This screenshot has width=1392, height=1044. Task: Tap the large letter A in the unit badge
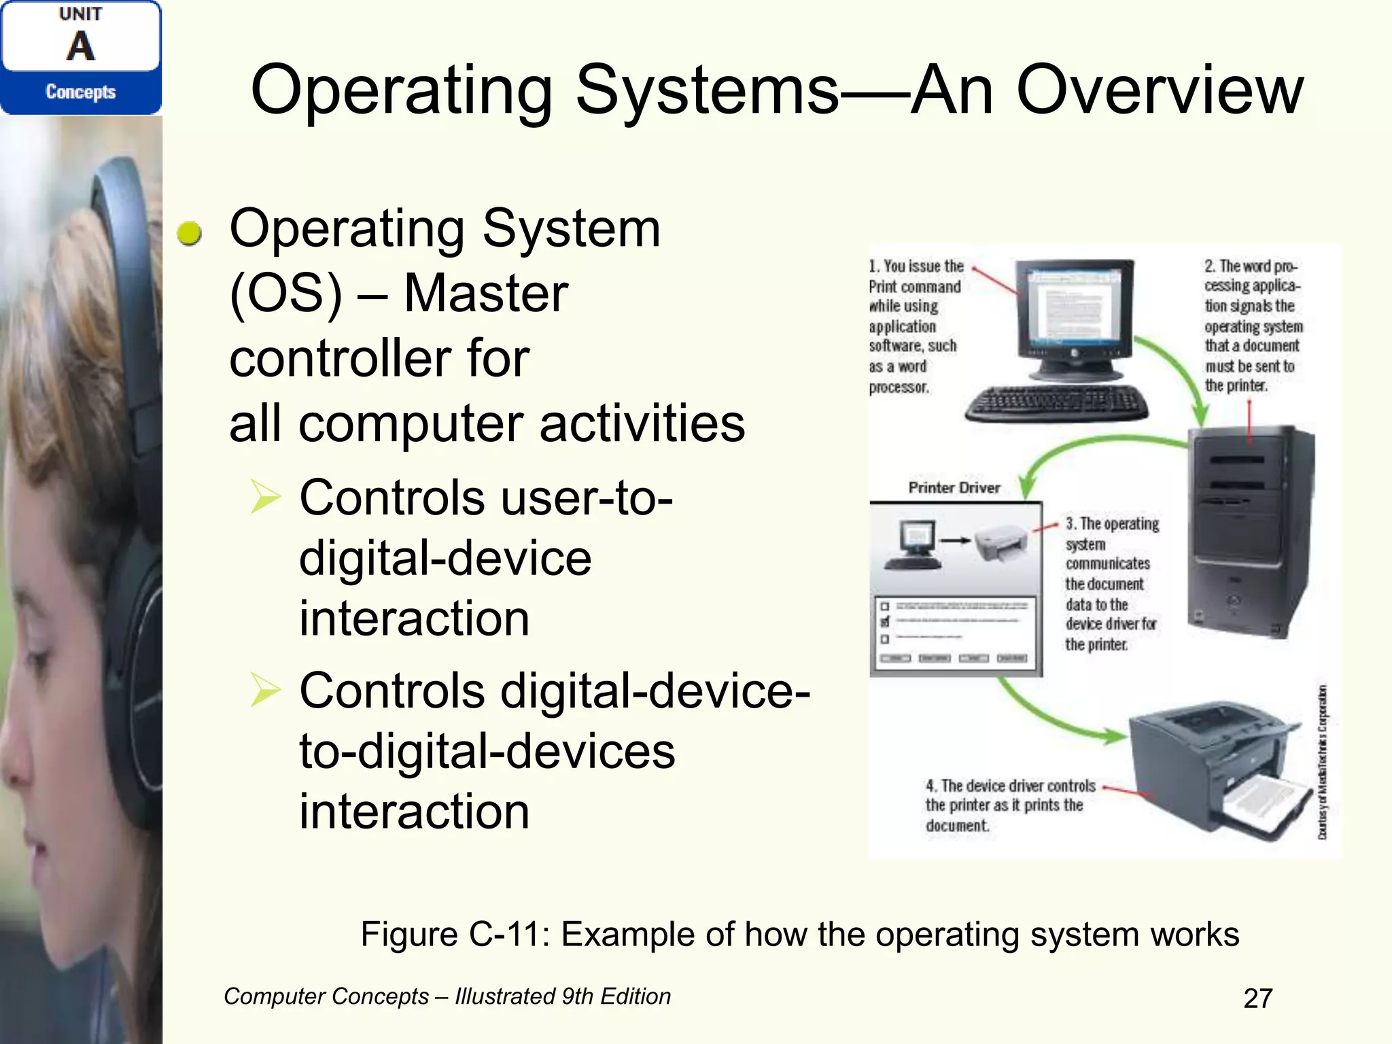tap(80, 46)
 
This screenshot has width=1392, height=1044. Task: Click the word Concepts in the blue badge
tap(80, 92)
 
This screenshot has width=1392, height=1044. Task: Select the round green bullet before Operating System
tap(189, 233)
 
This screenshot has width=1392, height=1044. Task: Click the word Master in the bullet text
tap(486, 293)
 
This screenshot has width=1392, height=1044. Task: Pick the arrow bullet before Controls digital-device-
tap(265, 689)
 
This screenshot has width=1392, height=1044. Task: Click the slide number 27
tap(1257, 998)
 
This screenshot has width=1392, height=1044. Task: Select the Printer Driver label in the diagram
tap(954, 487)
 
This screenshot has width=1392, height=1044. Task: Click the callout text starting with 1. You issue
tap(915, 326)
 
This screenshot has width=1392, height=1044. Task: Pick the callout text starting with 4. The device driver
tap(1010, 805)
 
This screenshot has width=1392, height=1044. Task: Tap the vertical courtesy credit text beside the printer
tap(1322, 761)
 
